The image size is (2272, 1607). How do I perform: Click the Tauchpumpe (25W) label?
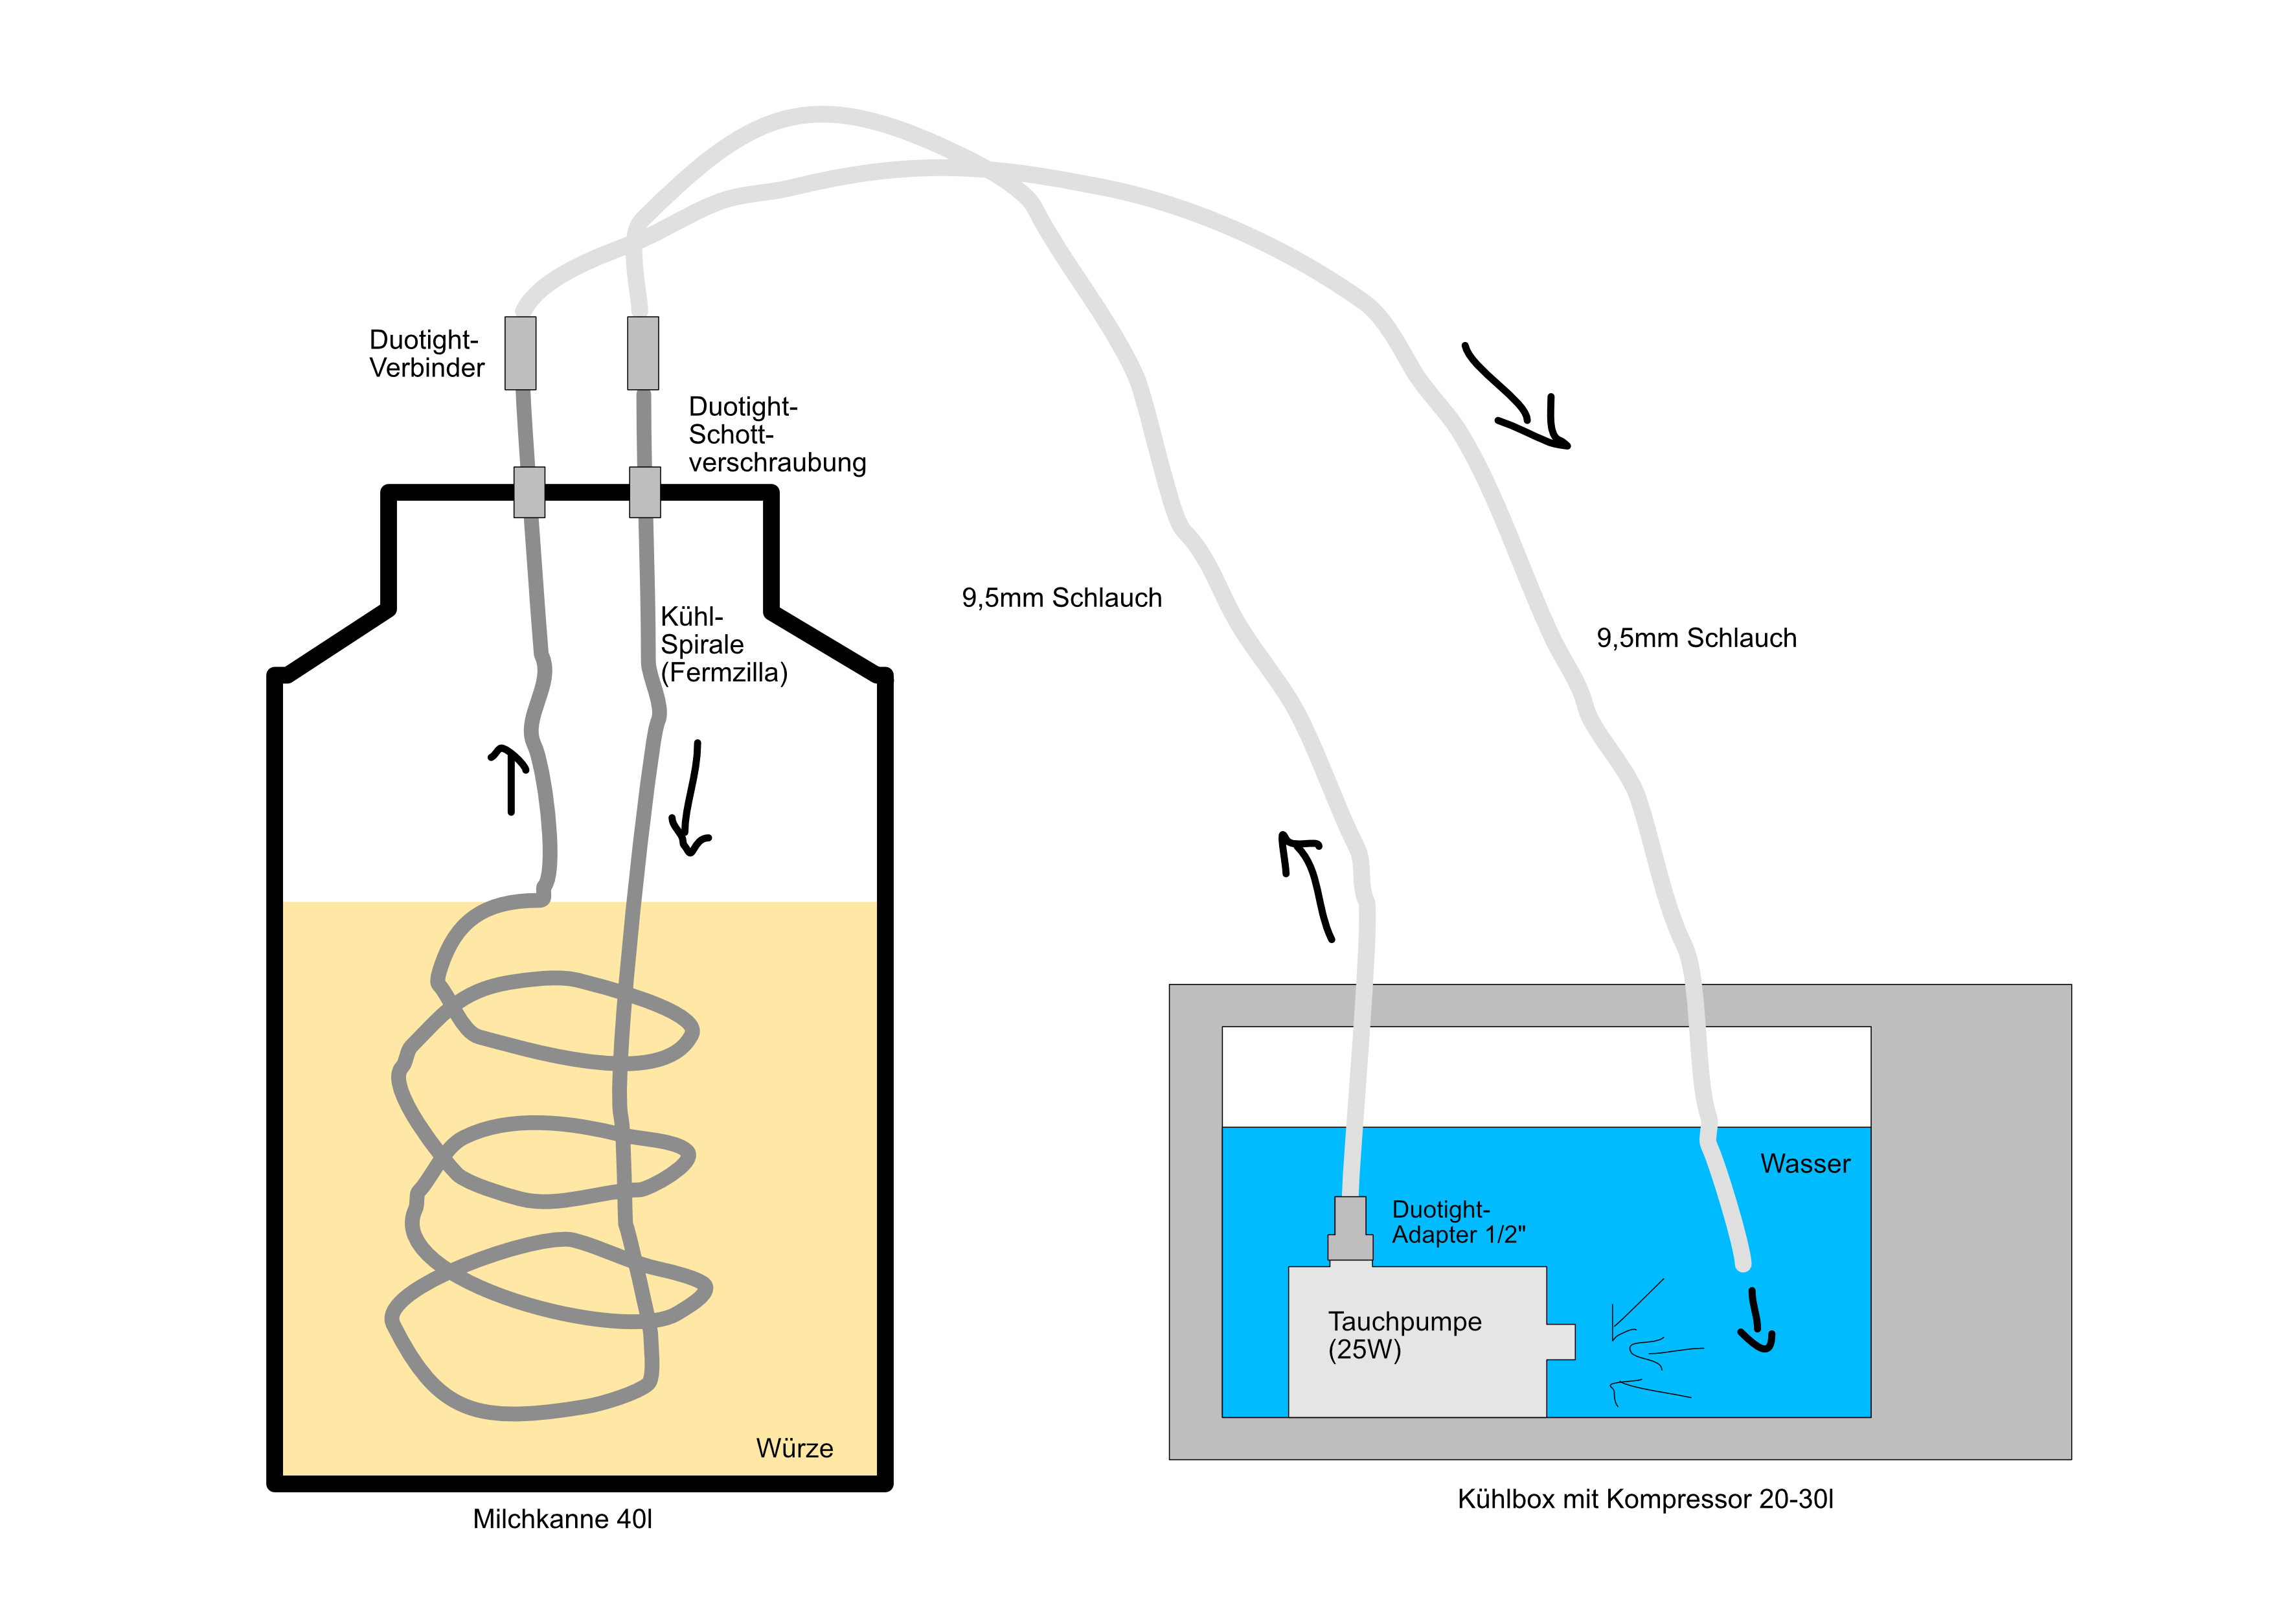[x=1404, y=1335]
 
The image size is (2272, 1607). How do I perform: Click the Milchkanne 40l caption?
[x=562, y=1519]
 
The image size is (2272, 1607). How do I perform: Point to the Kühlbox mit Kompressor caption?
[x=1644, y=1499]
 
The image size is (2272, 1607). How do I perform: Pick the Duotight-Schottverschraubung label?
[x=776, y=435]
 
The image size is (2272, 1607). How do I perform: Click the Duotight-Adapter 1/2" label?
[x=1458, y=1222]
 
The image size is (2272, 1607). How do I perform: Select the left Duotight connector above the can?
[x=521, y=353]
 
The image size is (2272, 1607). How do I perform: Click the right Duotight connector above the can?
[x=643, y=353]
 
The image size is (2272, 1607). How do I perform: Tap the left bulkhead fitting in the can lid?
[x=529, y=492]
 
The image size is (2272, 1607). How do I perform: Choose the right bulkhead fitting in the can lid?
[x=645, y=492]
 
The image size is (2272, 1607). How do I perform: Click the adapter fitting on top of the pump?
[x=1350, y=1229]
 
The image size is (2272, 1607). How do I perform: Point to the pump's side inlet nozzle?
[x=1560, y=1342]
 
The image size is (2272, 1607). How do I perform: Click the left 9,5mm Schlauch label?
[x=1061, y=598]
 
